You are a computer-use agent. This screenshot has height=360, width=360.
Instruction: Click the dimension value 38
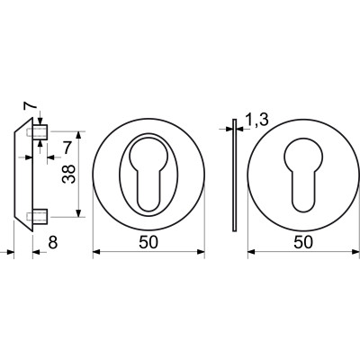[x=68, y=174]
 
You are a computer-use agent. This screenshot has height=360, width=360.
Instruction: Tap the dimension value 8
[x=53, y=242]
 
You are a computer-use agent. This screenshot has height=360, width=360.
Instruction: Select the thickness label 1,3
[x=256, y=121]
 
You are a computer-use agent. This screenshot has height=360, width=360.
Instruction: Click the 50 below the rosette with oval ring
[x=148, y=242]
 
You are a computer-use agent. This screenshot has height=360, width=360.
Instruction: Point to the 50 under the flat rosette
[x=303, y=242]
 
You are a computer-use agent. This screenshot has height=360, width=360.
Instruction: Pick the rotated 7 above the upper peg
[x=31, y=105]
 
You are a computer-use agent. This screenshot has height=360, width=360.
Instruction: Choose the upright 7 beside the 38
[x=67, y=148]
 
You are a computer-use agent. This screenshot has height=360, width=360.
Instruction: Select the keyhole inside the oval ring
[x=148, y=174]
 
